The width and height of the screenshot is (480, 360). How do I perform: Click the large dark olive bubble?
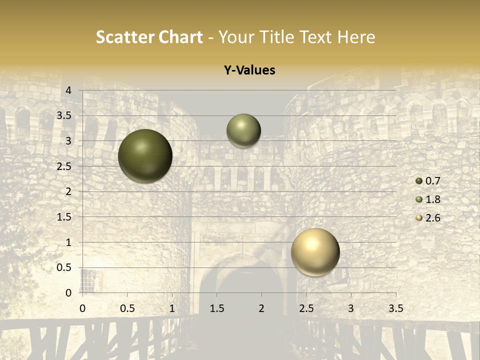(145, 156)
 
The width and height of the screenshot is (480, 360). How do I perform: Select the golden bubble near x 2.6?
(315, 252)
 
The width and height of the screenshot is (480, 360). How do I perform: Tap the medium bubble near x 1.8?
(243, 130)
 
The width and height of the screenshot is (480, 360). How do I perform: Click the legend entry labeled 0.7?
(432, 181)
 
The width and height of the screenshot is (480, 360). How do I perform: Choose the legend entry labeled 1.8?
(432, 199)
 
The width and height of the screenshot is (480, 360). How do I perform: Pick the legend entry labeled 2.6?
(432, 218)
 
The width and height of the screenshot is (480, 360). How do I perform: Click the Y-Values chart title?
(249, 70)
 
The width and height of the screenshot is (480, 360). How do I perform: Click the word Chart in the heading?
(181, 37)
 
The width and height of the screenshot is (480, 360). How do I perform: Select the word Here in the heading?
(356, 37)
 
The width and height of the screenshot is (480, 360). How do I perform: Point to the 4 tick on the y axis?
(69, 90)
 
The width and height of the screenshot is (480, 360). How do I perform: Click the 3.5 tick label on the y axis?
(64, 116)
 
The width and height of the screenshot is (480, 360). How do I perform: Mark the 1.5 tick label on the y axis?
(64, 217)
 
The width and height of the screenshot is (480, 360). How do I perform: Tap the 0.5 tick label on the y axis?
(64, 267)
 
